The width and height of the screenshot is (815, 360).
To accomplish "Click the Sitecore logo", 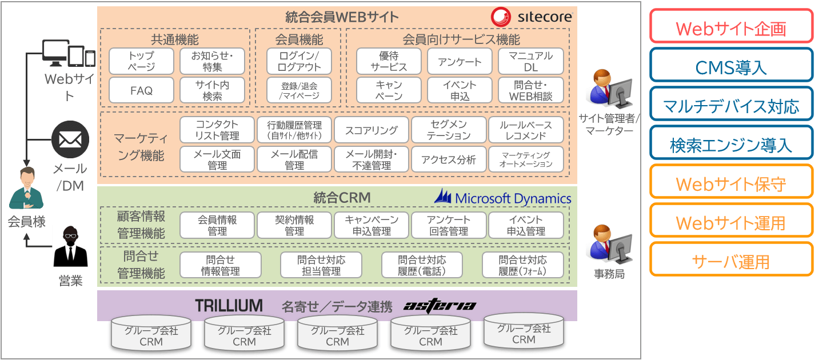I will [x=532, y=17].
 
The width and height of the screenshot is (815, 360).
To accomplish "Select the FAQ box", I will [x=141, y=90].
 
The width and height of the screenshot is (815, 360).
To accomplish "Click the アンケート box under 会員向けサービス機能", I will [x=460, y=61].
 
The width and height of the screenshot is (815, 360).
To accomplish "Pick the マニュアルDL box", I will [x=530, y=61].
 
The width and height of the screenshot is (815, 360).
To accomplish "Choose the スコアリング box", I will [x=371, y=130].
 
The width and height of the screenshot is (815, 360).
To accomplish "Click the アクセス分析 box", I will [x=448, y=159].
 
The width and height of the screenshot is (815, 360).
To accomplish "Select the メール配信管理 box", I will [x=294, y=159].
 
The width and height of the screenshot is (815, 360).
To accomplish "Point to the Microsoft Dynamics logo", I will [x=503, y=198].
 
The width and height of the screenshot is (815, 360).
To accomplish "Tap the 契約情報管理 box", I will [x=294, y=225].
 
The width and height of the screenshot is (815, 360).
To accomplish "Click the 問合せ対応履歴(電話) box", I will [x=422, y=265].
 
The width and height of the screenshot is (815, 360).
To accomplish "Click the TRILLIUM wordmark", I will [x=229, y=306].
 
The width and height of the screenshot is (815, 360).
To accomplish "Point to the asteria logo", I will [x=440, y=306].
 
